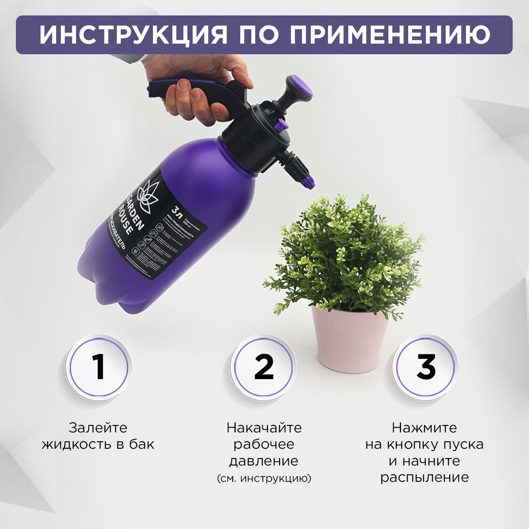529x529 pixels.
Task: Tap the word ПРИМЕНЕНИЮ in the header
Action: [390, 34]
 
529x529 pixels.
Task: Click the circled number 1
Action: [98, 367]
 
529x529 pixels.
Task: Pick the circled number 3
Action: [426, 367]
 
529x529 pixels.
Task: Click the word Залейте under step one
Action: [98, 428]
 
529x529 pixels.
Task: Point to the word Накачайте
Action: [264, 428]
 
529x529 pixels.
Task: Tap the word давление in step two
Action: [264, 461]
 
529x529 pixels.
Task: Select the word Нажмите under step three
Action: [425, 428]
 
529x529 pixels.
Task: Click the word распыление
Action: [425, 478]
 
